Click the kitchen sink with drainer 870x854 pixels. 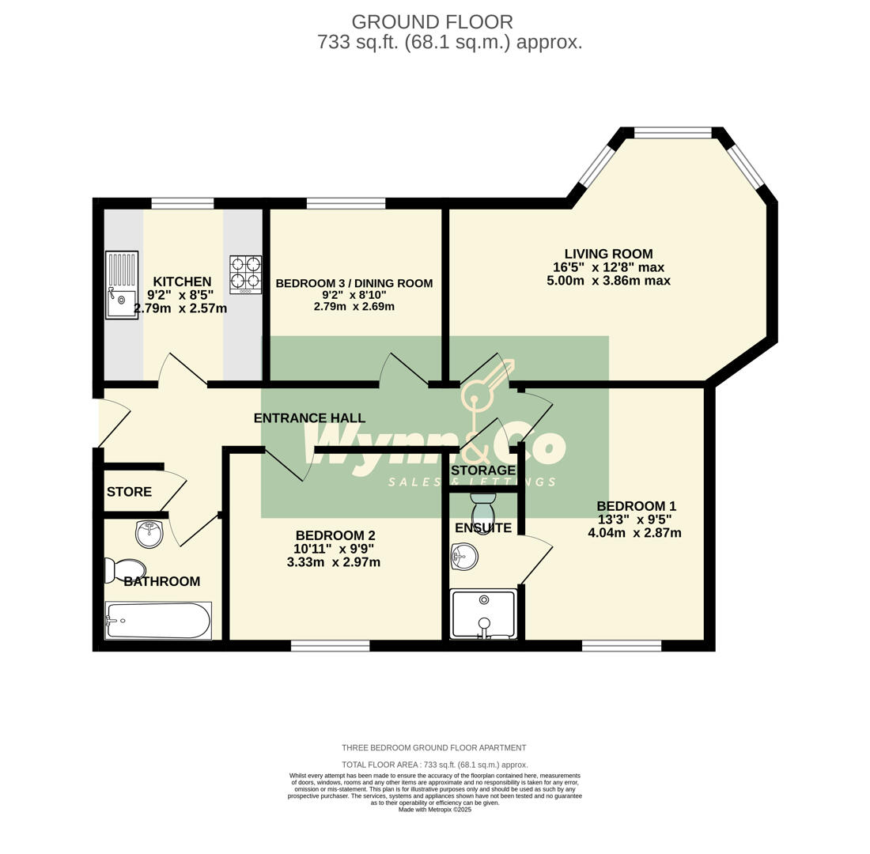pos(122,285)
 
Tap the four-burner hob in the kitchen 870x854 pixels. pos(245,274)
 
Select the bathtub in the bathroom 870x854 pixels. pos(158,621)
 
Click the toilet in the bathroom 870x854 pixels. pos(126,570)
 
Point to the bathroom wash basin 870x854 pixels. pos(149,534)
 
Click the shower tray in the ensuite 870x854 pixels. pos(483,614)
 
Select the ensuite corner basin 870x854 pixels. pos(463,556)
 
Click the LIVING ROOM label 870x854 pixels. pos(608,254)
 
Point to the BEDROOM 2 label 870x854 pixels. pos(335,535)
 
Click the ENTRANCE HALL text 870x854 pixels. pos(309,418)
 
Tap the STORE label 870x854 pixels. pos(129,492)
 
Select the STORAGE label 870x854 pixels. pos(483,470)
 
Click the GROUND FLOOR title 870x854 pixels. pos(432,22)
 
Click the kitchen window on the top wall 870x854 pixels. pos(183,203)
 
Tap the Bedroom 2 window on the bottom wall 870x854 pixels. pos(330,646)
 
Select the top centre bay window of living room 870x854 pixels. pos(672,133)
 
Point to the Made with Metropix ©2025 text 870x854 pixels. pos(434,810)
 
